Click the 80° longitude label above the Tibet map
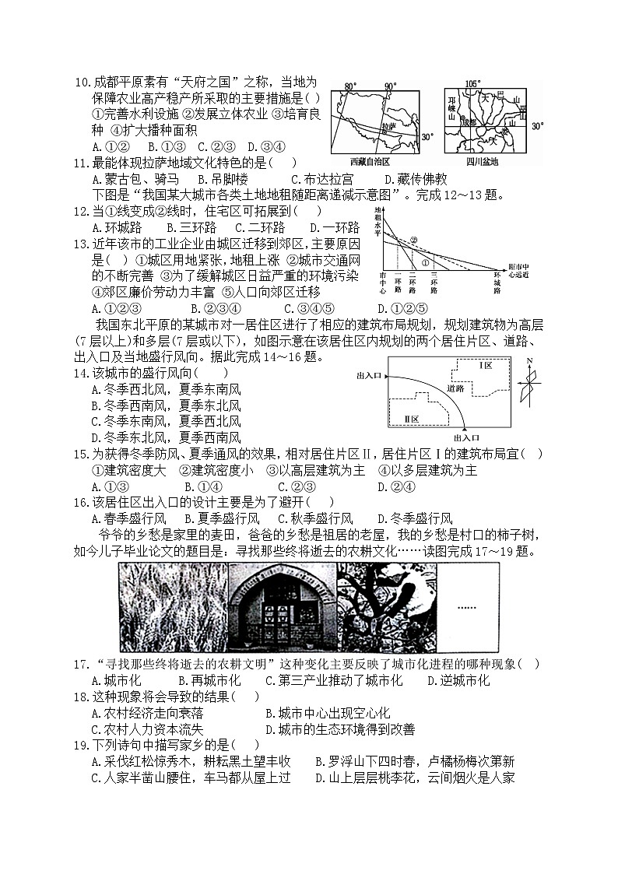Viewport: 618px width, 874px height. (350, 85)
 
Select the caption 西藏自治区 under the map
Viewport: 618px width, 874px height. (368, 161)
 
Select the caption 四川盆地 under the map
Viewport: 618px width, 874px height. (482, 161)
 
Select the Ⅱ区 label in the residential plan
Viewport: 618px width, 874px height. (412, 419)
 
